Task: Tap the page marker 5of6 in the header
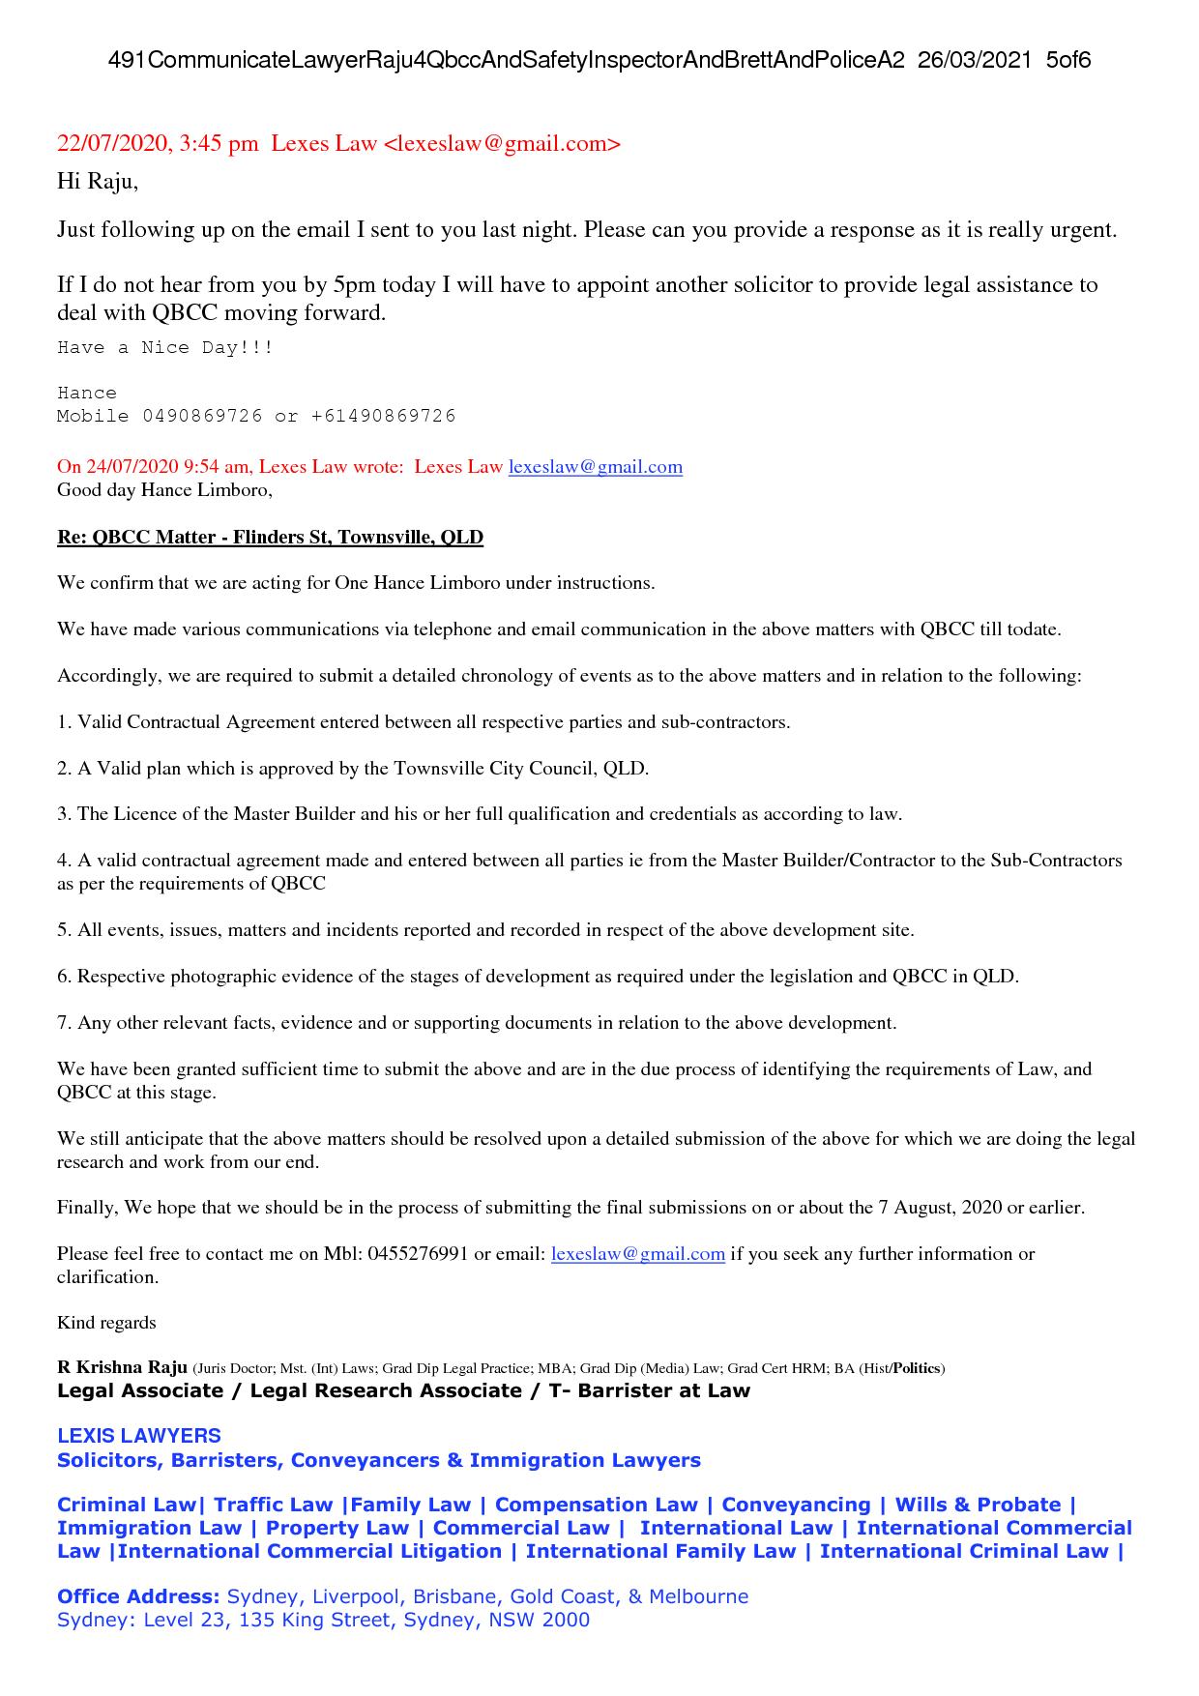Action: [x=1067, y=60]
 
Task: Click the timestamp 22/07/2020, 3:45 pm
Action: [x=158, y=144]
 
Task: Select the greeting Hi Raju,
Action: [x=98, y=181]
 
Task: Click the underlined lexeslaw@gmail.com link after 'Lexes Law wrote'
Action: [x=595, y=467]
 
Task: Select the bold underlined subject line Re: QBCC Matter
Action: [x=270, y=538]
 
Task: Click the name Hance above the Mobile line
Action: [x=87, y=394]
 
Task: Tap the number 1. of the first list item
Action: [x=65, y=722]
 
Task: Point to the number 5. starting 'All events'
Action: [x=65, y=930]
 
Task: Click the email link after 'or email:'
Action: [x=637, y=1254]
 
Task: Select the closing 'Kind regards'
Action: [x=106, y=1323]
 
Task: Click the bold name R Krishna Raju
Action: [x=122, y=1368]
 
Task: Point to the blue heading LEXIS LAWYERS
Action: [x=139, y=1436]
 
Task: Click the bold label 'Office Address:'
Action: [x=138, y=1596]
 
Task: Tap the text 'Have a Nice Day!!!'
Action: [x=165, y=348]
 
